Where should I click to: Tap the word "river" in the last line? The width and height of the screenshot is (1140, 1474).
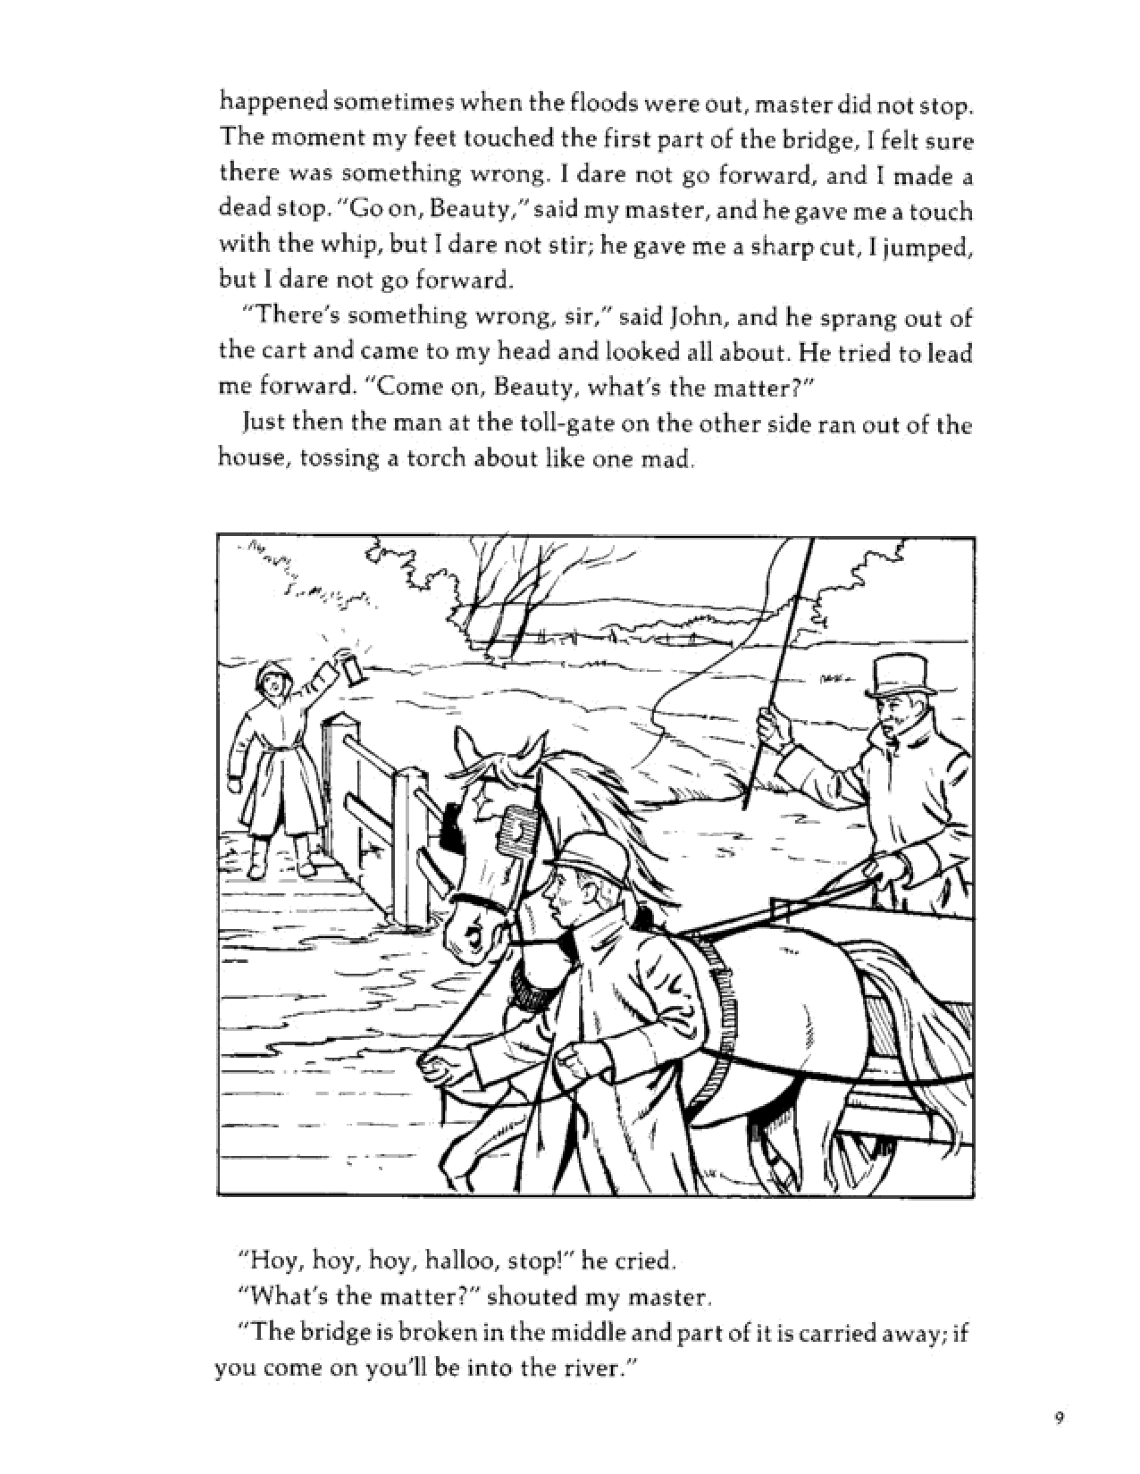coord(586,1369)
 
